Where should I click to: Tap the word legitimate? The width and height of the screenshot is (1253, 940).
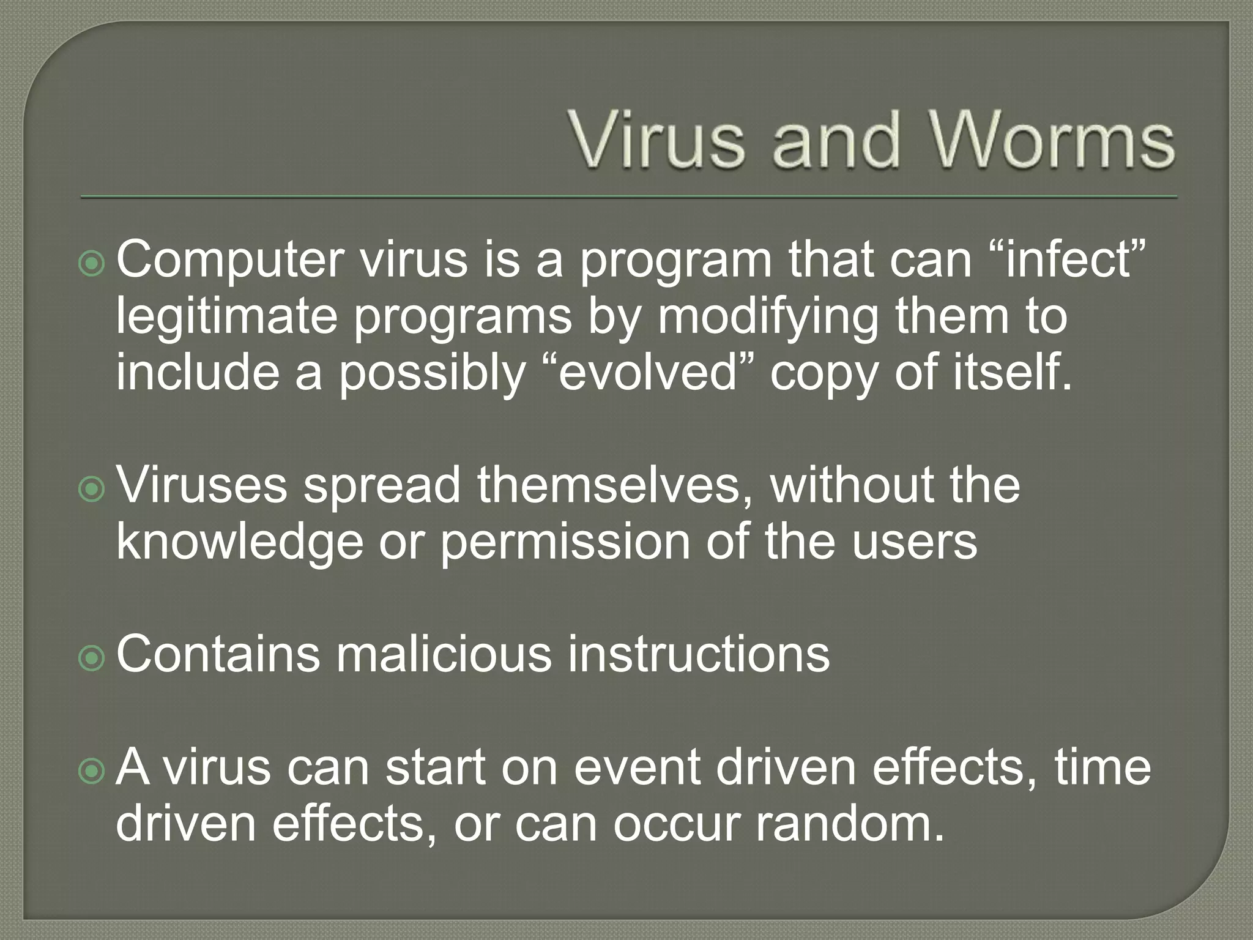coord(226,317)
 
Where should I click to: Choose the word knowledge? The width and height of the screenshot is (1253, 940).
coord(239,542)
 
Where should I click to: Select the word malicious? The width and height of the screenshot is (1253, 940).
coord(444,654)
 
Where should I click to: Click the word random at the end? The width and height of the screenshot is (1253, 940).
coord(850,824)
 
